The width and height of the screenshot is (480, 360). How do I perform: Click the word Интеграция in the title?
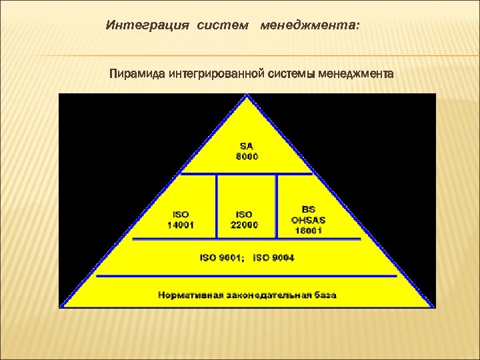pos(139,25)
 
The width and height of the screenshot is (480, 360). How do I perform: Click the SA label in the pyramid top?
pos(247,146)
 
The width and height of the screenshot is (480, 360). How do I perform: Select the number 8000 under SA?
pos(247,157)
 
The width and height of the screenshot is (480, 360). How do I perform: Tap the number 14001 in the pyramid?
pos(181,225)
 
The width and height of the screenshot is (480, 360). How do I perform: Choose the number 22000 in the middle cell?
pos(244,225)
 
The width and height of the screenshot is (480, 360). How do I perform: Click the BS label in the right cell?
pos(309,209)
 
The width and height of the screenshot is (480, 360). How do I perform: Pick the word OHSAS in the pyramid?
pos(309,219)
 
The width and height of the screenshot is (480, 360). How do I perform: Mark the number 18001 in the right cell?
pos(309,230)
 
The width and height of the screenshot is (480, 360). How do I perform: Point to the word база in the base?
pos(325,294)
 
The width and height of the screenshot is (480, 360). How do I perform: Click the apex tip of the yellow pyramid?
pos(247,97)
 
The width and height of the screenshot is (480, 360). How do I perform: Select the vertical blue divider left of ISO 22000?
pos(216,206)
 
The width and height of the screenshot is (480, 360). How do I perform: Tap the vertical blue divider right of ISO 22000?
pos(277,206)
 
